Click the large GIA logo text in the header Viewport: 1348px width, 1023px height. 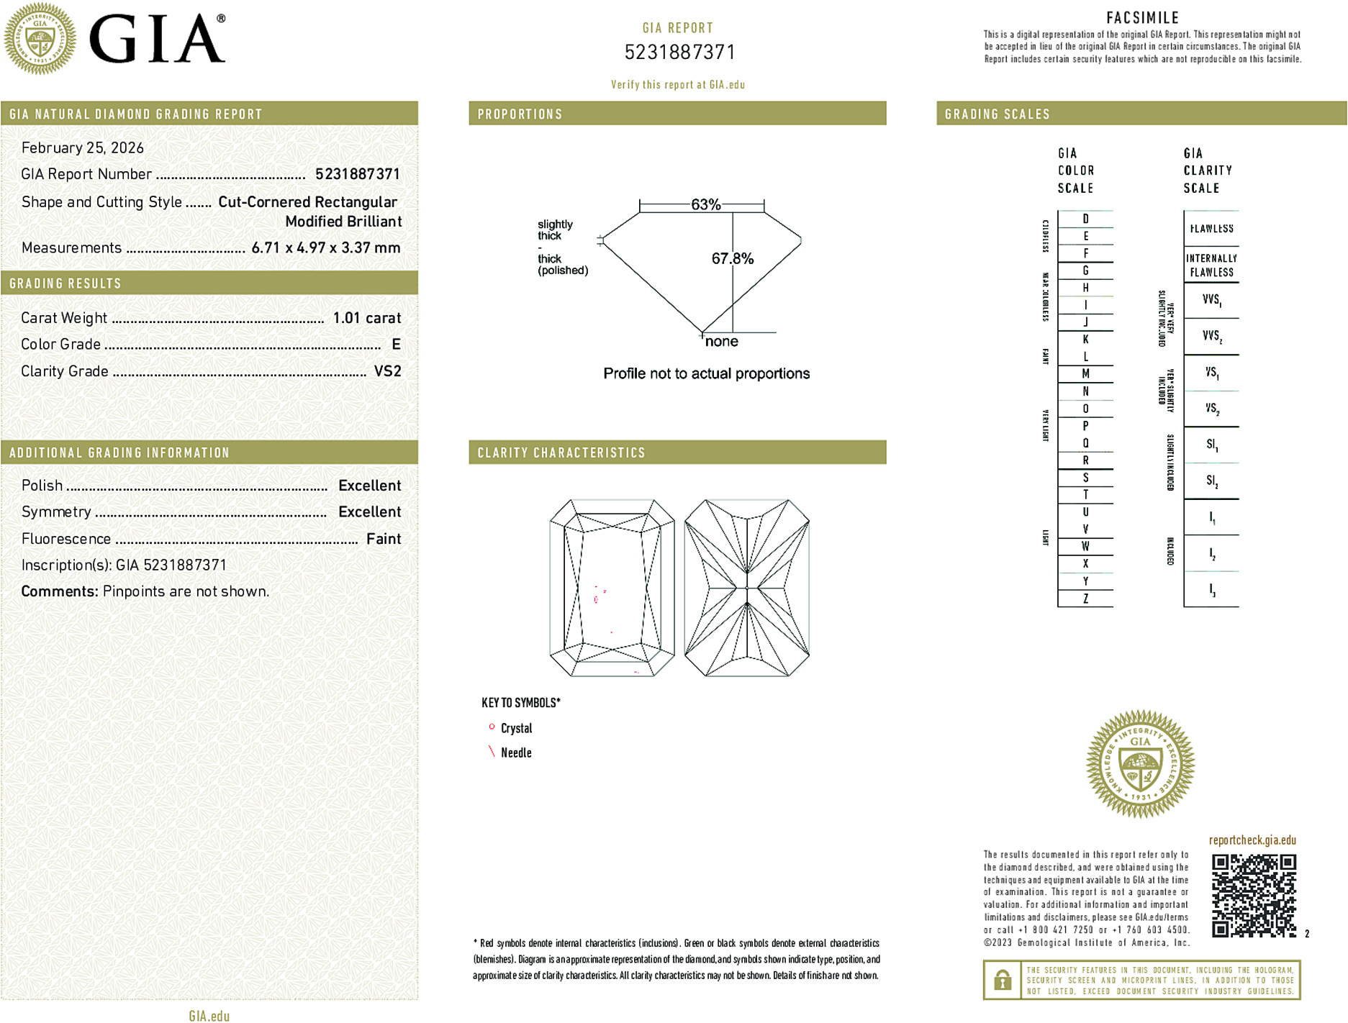point(156,40)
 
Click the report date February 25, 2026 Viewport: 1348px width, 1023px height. point(83,148)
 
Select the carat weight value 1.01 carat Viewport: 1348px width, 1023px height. point(366,318)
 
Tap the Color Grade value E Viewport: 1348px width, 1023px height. point(396,345)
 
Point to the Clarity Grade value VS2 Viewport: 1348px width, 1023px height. point(387,371)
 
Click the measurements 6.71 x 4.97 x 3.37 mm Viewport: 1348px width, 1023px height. point(325,248)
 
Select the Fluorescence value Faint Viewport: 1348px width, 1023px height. point(384,539)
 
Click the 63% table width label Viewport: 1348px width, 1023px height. point(705,204)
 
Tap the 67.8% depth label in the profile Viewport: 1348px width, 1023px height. point(732,258)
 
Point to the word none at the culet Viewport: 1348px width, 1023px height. point(721,342)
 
